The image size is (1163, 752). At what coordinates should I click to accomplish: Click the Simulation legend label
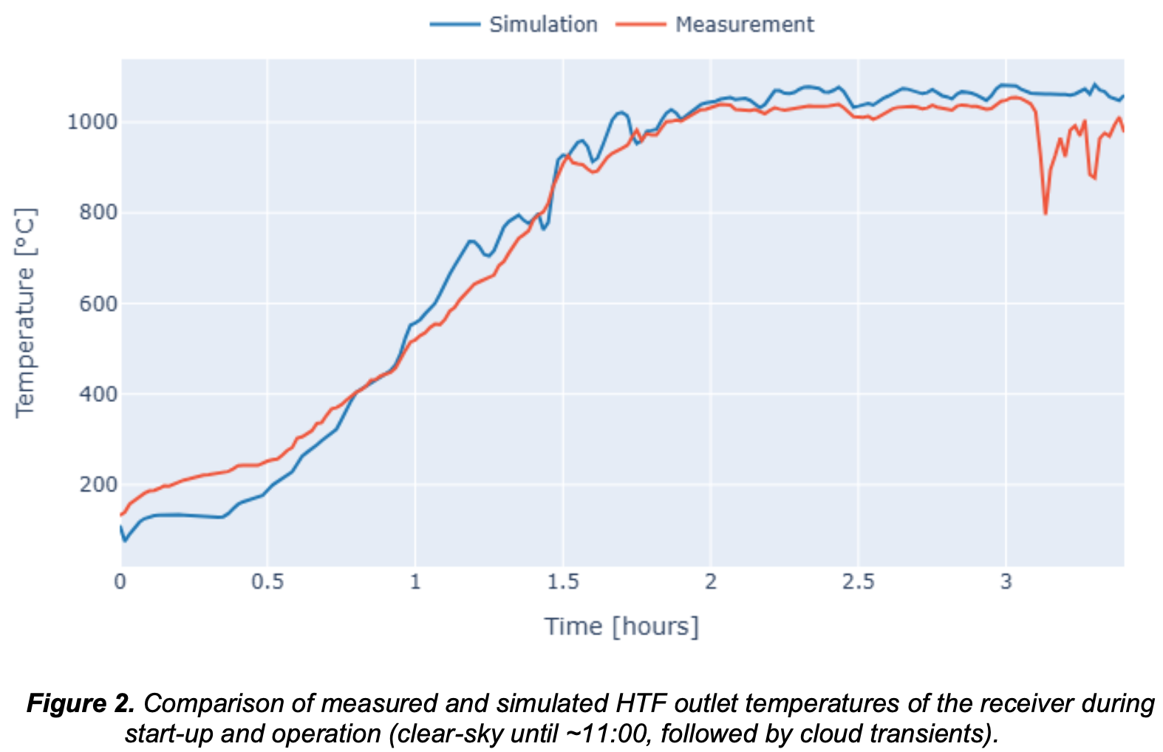click(x=543, y=24)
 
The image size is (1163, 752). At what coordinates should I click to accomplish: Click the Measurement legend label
click(x=744, y=24)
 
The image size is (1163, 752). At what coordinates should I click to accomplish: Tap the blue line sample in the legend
click(x=455, y=24)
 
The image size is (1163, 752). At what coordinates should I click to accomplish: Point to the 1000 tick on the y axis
click(x=92, y=122)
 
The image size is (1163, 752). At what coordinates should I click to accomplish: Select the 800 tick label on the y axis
click(x=98, y=213)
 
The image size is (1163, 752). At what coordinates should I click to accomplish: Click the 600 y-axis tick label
click(x=98, y=304)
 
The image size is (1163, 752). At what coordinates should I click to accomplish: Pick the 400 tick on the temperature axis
click(x=98, y=394)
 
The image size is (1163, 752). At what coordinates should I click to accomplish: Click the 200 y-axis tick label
click(x=98, y=485)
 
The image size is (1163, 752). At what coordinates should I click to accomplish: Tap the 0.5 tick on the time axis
click(x=267, y=582)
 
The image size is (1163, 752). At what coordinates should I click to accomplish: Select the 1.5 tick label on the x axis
click(x=563, y=582)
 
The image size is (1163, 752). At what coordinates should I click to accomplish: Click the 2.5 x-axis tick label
click(x=858, y=582)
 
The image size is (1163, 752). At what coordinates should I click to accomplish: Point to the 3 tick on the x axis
click(x=1006, y=582)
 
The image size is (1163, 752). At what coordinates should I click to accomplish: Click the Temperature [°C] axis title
click(x=25, y=313)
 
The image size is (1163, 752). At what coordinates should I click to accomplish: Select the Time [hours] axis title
click(x=621, y=626)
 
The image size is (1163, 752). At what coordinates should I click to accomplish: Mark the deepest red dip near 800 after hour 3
click(x=1046, y=213)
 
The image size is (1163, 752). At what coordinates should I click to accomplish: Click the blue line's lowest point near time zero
click(x=125, y=541)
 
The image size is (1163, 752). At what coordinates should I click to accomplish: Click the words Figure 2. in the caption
click(x=81, y=703)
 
